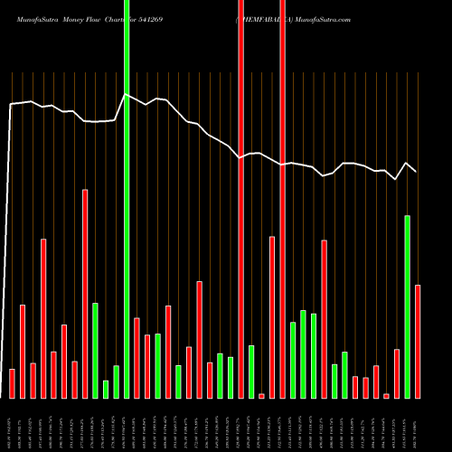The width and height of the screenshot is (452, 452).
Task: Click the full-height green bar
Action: [x=127, y=199]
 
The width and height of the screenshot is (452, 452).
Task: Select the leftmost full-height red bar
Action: [x=240, y=199]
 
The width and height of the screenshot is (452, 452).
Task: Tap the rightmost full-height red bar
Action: [x=283, y=199]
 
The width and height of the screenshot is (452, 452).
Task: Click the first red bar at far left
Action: [x=12, y=383]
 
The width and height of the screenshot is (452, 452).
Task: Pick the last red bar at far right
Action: [x=418, y=341]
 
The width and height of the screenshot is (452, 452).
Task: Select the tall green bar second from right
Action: [x=408, y=306]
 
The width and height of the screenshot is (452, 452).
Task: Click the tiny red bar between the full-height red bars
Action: [x=261, y=396]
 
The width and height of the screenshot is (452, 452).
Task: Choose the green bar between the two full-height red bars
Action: [x=251, y=372]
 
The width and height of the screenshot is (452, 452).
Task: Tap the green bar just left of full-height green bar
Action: [x=116, y=381]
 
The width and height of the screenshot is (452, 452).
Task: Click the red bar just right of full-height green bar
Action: [x=137, y=357]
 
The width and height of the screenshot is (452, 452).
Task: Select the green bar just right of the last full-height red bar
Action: [x=293, y=360]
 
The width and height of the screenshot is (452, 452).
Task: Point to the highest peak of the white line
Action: [x=126, y=94]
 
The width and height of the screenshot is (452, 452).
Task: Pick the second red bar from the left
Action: [x=23, y=352]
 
